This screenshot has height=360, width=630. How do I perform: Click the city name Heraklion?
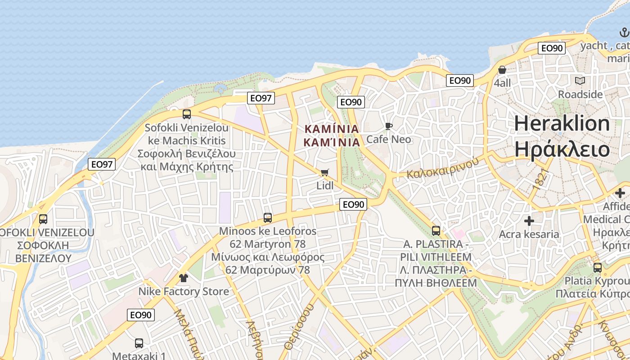(562, 123)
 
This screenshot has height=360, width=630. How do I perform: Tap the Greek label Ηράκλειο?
(562, 149)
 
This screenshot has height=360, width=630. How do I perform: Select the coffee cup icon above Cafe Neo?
(389, 126)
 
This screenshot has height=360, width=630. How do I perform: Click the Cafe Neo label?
(389, 139)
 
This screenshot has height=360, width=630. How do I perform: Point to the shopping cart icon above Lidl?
(325, 173)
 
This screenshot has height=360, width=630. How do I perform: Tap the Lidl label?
(325, 185)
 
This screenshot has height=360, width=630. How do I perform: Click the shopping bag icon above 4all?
(502, 70)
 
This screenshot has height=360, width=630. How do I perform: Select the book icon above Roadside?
(580, 81)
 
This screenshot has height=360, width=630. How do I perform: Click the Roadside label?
(580, 94)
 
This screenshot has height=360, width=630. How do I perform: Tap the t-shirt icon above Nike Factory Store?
(183, 278)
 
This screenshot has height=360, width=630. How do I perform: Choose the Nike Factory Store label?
(183, 291)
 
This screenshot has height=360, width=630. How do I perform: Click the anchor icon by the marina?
(624, 32)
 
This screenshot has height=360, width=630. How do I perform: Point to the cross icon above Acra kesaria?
(529, 221)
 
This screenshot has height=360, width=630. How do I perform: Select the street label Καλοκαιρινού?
(442, 168)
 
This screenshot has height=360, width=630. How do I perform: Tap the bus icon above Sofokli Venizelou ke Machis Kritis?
(187, 114)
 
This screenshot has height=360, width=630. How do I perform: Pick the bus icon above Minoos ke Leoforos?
(268, 218)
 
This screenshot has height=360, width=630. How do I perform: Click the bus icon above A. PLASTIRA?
(436, 231)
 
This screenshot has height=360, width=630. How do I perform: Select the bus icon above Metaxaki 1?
(139, 343)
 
